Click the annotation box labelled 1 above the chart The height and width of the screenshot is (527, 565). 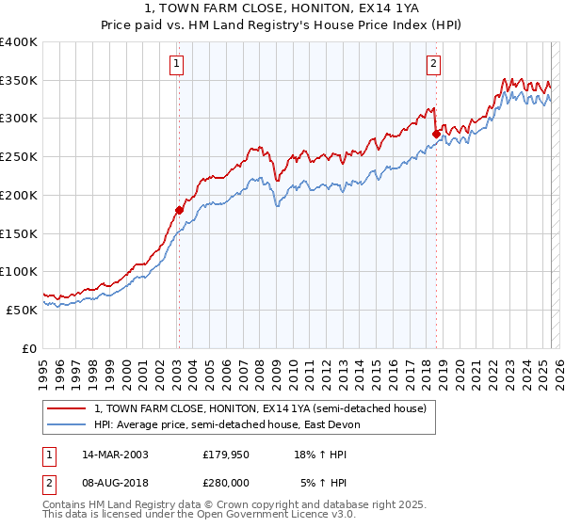point(177,65)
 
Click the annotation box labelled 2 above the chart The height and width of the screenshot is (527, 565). point(433,65)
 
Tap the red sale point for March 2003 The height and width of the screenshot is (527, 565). point(178,210)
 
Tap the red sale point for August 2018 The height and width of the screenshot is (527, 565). point(435,134)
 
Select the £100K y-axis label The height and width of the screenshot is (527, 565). point(20,271)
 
